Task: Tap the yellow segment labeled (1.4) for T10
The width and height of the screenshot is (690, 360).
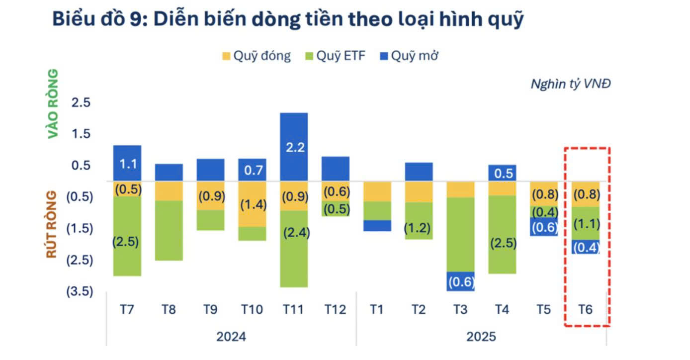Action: [x=252, y=204]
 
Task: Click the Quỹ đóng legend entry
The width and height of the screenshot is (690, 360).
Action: [x=256, y=56]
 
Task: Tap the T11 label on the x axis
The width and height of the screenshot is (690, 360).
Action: [x=294, y=309]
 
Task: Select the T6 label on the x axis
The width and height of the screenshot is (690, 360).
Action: [x=586, y=309]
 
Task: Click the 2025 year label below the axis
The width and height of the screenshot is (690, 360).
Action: [x=481, y=337]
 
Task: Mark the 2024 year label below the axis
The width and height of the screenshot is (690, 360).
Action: [x=231, y=337]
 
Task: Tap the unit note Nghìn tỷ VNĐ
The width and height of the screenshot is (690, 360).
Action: [x=570, y=84]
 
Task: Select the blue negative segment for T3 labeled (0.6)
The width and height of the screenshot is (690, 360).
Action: [x=460, y=281]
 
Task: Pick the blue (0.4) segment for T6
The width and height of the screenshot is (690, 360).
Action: [x=586, y=247]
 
